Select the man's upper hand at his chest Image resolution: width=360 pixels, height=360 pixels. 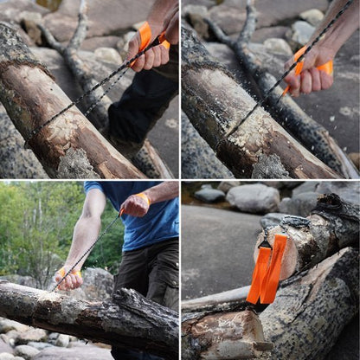pos(134,204)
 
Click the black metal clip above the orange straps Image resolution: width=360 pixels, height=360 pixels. pos(265,243)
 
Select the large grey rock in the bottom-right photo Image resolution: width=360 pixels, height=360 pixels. pos(253,198)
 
